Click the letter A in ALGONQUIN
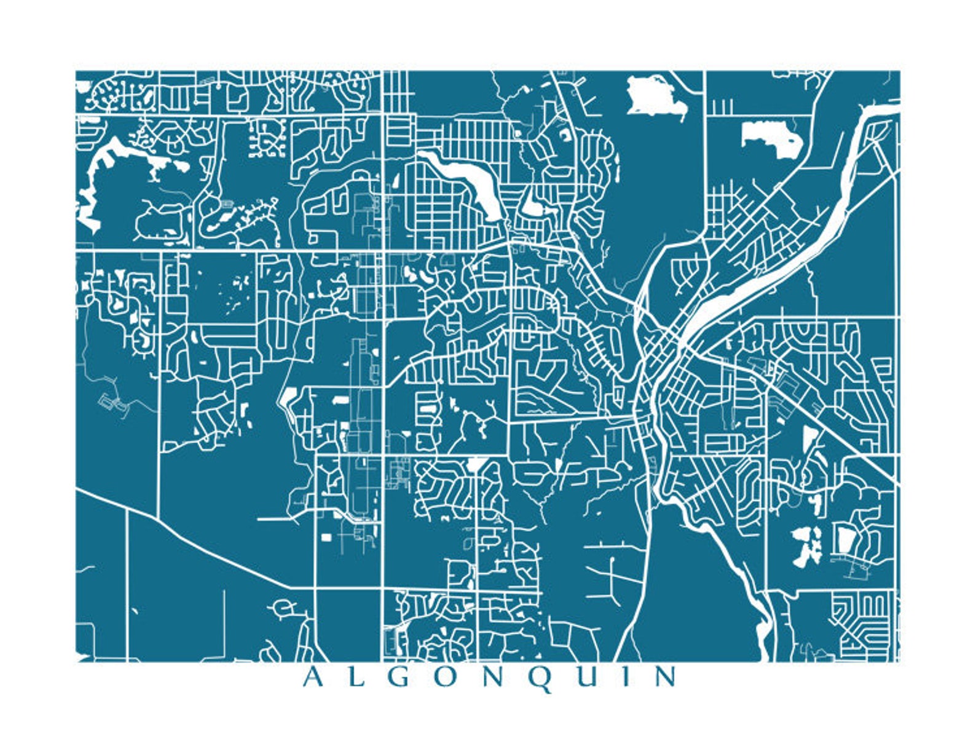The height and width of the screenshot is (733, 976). pyautogui.click(x=312, y=677)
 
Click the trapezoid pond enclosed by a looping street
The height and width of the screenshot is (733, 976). pyautogui.click(x=846, y=541)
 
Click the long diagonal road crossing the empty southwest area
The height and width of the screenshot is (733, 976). pyautogui.click(x=203, y=541)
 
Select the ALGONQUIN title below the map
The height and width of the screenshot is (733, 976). pyautogui.click(x=489, y=677)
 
